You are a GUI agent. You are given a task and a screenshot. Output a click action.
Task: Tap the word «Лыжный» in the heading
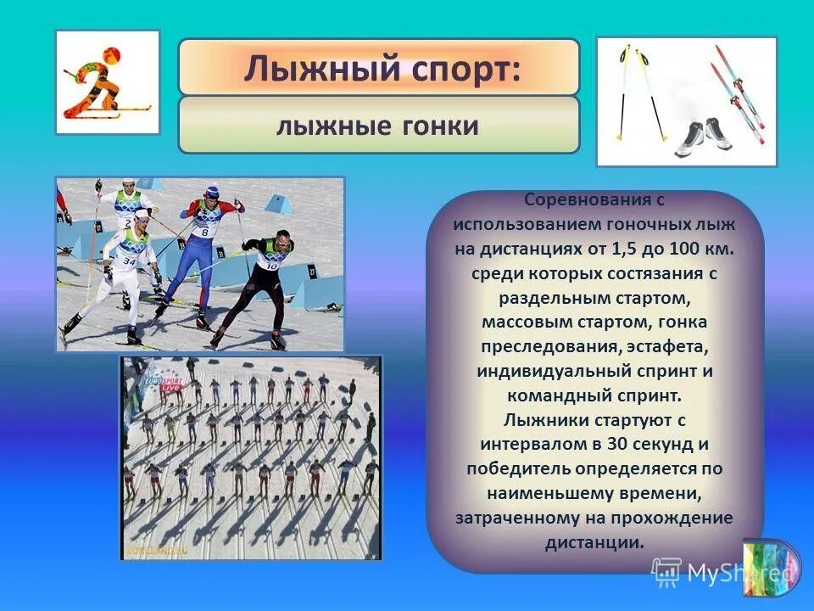316,68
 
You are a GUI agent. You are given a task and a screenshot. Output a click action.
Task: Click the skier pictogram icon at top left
107,82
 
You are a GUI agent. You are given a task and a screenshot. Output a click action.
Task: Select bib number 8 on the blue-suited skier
204,231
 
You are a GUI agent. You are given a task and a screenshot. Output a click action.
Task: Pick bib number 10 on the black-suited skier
271,265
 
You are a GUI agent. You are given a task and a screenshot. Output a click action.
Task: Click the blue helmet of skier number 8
211,193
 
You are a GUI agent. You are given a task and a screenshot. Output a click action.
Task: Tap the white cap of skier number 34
140,215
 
